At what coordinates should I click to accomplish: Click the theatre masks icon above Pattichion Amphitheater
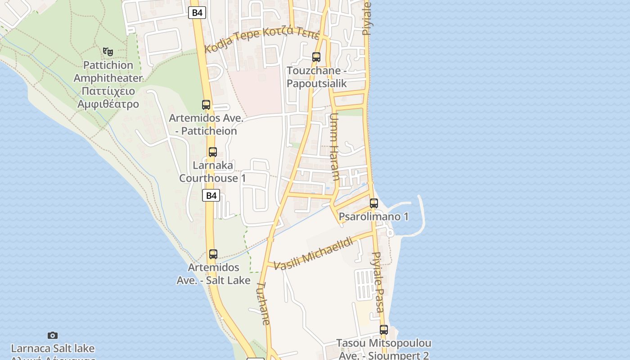click(108, 52)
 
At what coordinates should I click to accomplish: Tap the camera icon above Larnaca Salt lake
click(53, 335)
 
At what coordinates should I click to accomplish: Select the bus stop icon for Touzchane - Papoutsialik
click(316, 57)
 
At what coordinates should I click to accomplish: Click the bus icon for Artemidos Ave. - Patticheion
click(206, 105)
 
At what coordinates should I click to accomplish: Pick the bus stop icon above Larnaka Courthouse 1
click(213, 152)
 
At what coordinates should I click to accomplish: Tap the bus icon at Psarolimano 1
click(374, 203)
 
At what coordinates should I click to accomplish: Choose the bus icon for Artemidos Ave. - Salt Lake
click(213, 254)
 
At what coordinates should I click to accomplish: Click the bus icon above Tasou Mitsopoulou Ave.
click(383, 330)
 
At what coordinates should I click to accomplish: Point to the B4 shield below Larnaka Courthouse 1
click(211, 196)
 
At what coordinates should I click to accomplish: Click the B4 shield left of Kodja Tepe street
click(197, 13)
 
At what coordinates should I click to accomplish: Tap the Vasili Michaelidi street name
click(313, 253)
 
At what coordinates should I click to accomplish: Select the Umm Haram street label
click(334, 147)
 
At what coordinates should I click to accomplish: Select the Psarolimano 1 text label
click(373, 216)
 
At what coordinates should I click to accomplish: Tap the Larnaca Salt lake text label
click(53, 348)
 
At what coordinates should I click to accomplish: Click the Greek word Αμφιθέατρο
click(108, 104)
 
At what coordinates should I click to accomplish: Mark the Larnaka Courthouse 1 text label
click(213, 171)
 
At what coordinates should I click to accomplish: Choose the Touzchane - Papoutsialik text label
click(317, 77)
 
